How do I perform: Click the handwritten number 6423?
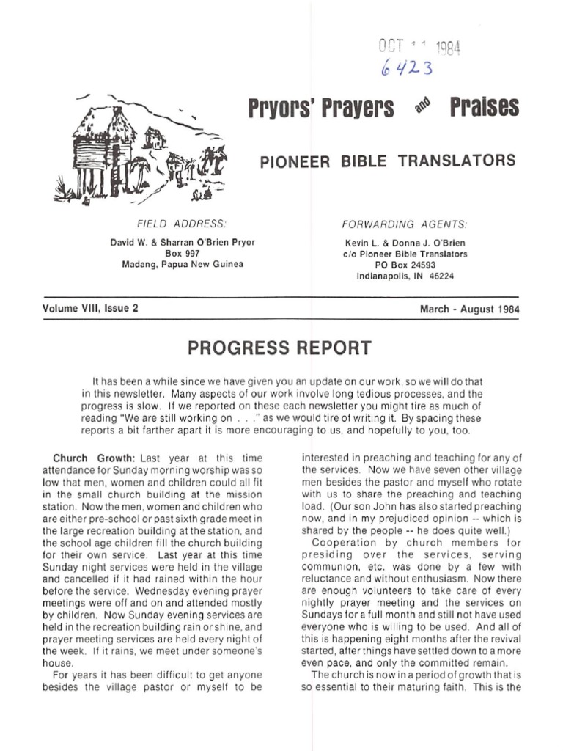click(407, 69)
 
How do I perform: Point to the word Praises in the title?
click(485, 108)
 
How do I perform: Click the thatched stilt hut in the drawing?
click(103, 150)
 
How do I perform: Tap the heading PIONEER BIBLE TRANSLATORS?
click(388, 161)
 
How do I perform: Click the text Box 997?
click(183, 253)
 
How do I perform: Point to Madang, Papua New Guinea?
click(183, 264)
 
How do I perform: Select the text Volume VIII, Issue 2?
click(90, 309)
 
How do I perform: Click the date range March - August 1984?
click(469, 309)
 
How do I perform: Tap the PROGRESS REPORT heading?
click(280, 348)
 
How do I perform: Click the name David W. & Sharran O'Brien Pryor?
click(183, 242)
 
